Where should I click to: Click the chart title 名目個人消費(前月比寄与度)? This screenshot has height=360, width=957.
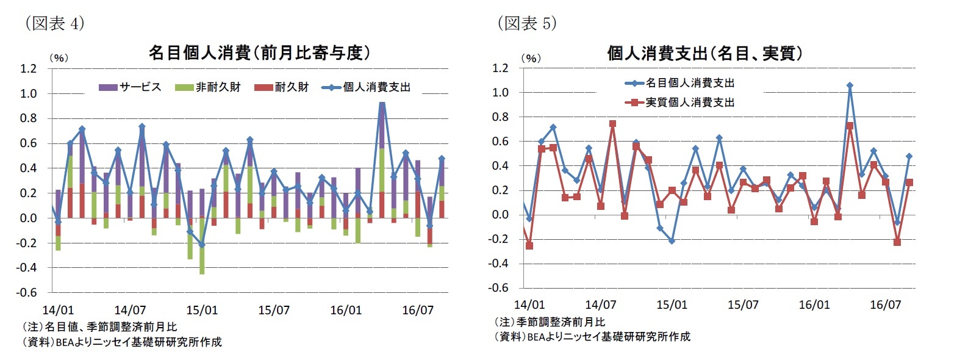tap(259, 53)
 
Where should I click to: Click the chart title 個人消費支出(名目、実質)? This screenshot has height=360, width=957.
tap(704, 54)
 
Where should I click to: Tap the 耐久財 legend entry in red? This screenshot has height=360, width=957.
tap(282, 87)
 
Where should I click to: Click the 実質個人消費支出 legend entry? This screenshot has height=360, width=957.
tap(680, 103)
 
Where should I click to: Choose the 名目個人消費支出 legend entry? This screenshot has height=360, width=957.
tap(680, 83)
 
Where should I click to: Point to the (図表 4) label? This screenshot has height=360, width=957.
tap(54, 23)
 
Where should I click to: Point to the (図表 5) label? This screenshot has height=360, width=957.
tap(527, 23)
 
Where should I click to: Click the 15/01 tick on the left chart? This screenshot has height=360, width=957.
tap(202, 310)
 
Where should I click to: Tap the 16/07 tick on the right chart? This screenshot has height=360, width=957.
tap(885, 304)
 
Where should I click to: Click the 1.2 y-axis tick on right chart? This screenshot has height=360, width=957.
tap(500, 68)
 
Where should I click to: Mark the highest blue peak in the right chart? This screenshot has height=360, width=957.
tap(850, 85)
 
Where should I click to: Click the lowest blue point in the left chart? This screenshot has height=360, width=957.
tap(202, 245)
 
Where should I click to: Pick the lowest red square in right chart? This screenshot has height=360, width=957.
tap(529, 246)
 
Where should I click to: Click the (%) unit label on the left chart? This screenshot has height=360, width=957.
tap(59, 58)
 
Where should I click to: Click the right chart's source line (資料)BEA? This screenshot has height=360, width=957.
tap(592, 336)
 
